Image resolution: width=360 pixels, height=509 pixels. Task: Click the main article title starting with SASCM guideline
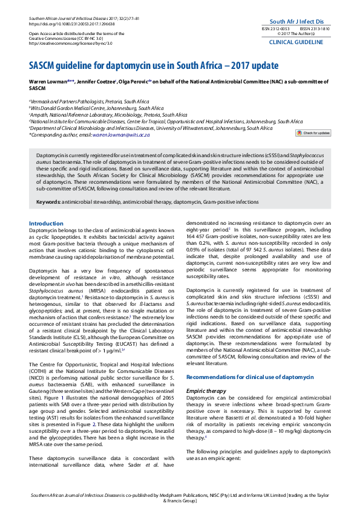click(x=145, y=65)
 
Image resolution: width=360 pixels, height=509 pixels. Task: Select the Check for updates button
click(x=313, y=132)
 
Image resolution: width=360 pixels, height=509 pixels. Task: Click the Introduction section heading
click(x=46, y=207)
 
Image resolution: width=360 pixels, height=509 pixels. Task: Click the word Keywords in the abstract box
click(x=48, y=184)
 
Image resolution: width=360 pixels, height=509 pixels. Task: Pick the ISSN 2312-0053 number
click(x=275, y=28)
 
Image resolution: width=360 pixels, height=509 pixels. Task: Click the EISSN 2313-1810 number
click(x=315, y=28)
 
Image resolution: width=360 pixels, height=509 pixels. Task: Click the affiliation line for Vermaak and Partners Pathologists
click(x=89, y=102)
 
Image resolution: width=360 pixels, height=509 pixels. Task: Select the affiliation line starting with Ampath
click(x=108, y=115)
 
